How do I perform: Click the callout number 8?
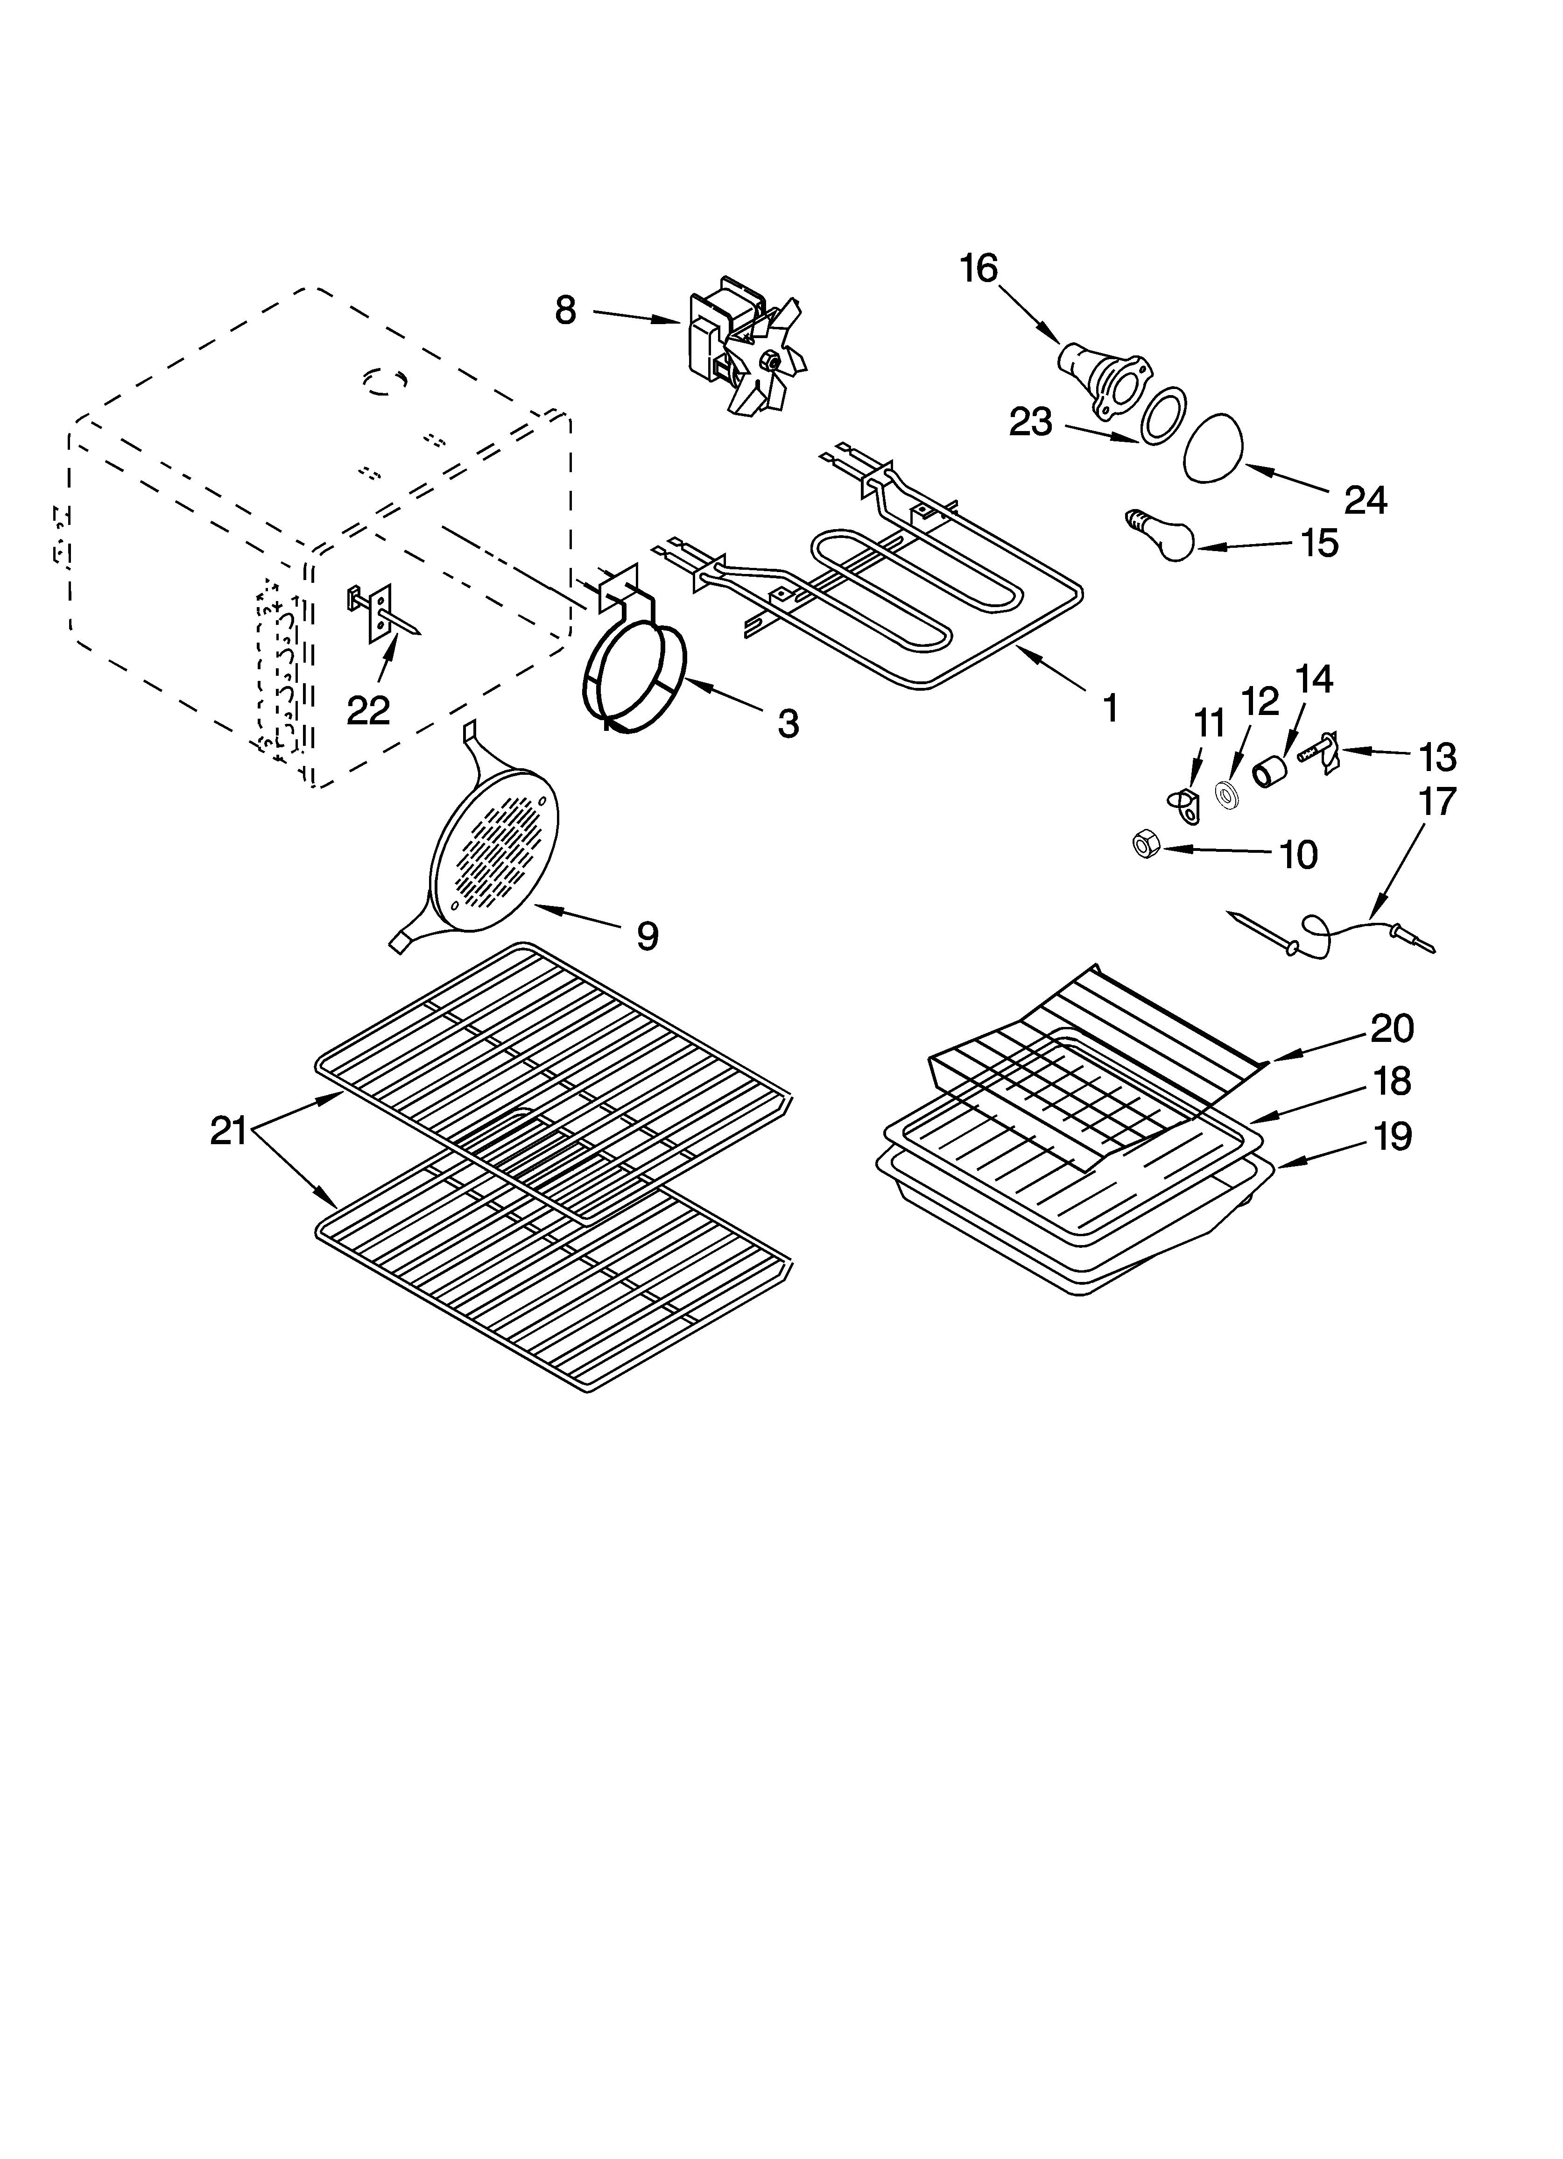(x=565, y=311)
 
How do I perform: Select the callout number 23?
(x=1031, y=422)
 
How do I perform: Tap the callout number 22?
(x=368, y=709)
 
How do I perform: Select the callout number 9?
(x=646, y=936)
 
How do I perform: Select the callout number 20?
(x=1392, y=1028)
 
